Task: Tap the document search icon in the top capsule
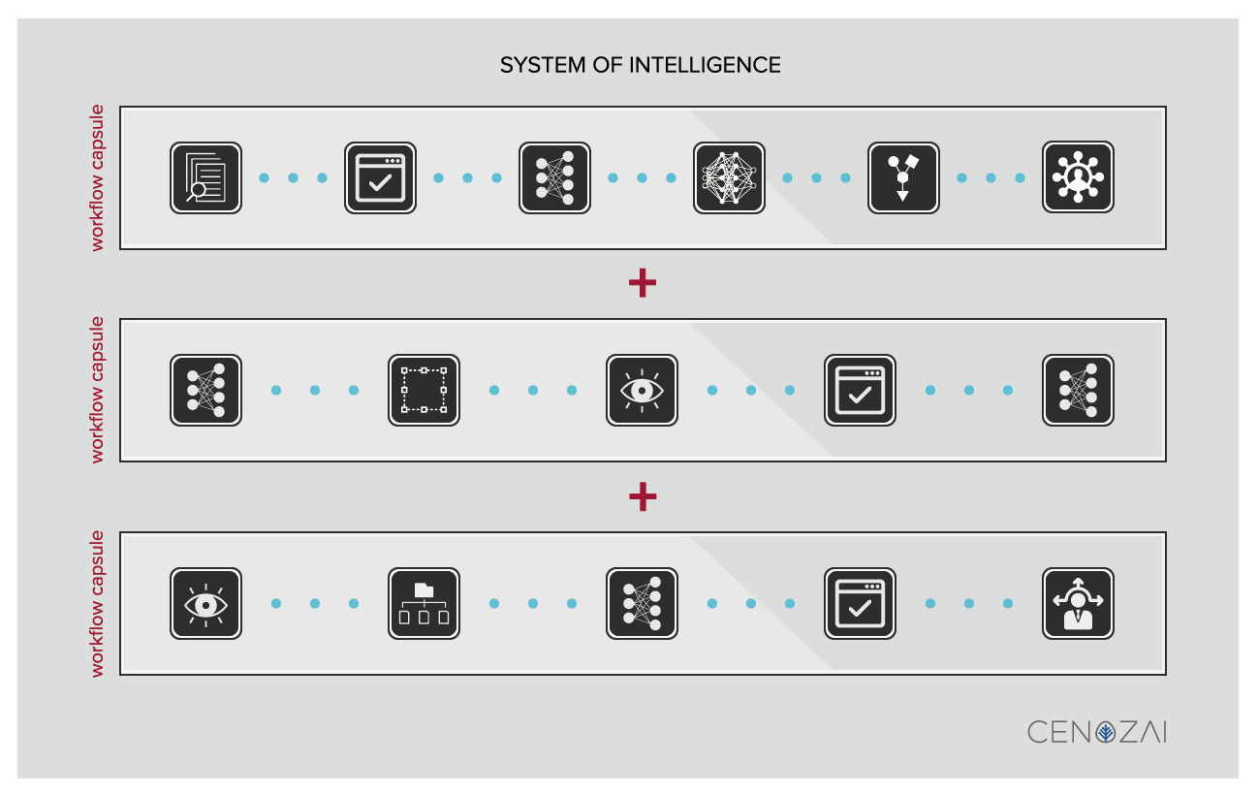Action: (205, 178)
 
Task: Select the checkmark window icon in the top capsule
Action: (380, 178)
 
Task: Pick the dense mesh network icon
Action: (729, 178)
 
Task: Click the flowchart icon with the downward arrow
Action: (903, 178)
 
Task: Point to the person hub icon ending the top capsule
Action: (1078, 178)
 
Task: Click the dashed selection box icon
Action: (424, 391)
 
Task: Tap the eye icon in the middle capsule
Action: (642, 391)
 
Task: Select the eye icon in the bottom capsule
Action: (205, 604)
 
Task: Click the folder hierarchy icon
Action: (424, 604)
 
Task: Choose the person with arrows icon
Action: (1078, 604)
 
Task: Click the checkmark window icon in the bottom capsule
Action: (860, 604)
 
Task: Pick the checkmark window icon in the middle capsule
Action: (860, 391)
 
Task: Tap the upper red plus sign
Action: (643, 283)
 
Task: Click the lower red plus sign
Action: (643, 496)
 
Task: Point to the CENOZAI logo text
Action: (1096, 732)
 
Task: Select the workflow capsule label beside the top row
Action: (97, 178)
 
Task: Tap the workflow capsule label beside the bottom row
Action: (97, 604)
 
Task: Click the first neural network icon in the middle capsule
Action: (205, 391)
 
